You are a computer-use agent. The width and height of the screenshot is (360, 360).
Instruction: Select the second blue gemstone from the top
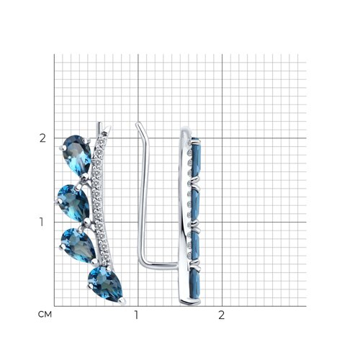pyautogui.click(x=74, y=203)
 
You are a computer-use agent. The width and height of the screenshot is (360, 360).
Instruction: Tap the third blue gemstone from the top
pyautogui.click(x=78, y=245)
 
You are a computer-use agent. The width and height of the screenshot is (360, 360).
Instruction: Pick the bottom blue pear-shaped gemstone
pyautogui.click(x=106, y=284)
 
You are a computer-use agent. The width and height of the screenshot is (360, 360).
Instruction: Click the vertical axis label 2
pyautogui.click(x=42, y=138)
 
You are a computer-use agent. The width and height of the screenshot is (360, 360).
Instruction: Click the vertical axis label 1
pyautogui.click(x=42, y=222)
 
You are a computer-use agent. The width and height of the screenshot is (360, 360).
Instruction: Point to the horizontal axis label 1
pyautogui.click(x=137, y=315)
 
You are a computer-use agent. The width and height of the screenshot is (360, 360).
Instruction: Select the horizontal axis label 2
pyautogui.click(x=221, y=315)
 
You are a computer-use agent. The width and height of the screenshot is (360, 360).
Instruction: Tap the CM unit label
pyautogui.click(x=45, y=314)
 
